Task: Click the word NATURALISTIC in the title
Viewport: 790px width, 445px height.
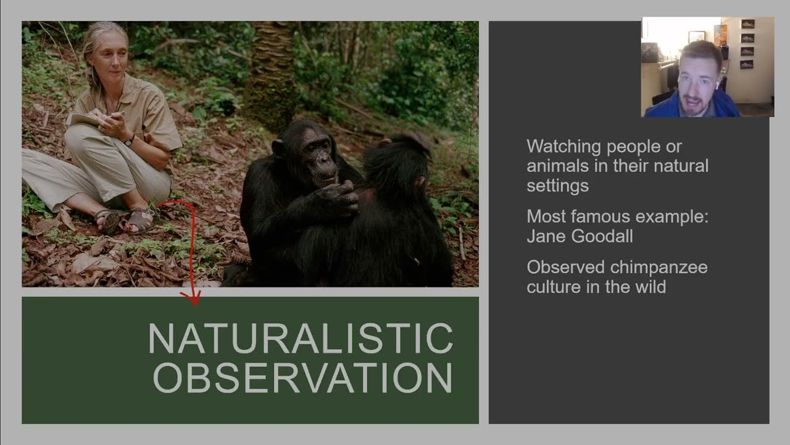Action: [x=301, y=339]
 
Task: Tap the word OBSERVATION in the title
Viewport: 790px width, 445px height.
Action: [x=302, y=377]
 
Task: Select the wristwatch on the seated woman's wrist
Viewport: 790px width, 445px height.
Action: [x=129, y=140]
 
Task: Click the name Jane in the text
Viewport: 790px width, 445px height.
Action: [x=546, y=236]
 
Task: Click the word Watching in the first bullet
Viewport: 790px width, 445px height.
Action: [x=563, y=147]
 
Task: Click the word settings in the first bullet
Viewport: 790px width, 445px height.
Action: [x=557, y=185]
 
